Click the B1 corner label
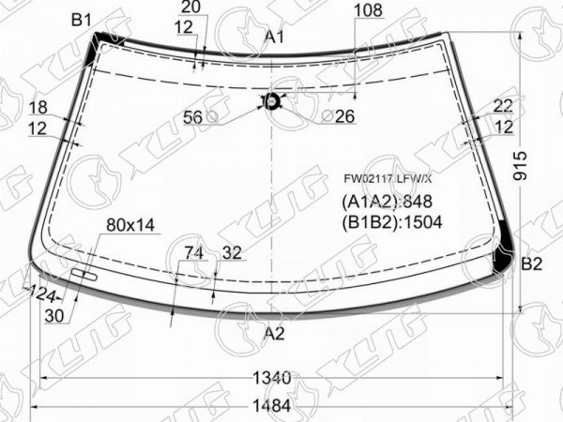click(x=82, y=20)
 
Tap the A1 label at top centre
click(x=275, y=37)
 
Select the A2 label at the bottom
click(x=274, y=334)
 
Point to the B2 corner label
click(x=531, y=264)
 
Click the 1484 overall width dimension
click(x=272, y=406)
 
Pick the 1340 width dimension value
click(x=272, y=378)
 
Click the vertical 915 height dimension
click(x=520, y=166)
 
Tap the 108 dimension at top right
click(x=368, y=10)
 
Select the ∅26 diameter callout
click(x=338, y=116)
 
